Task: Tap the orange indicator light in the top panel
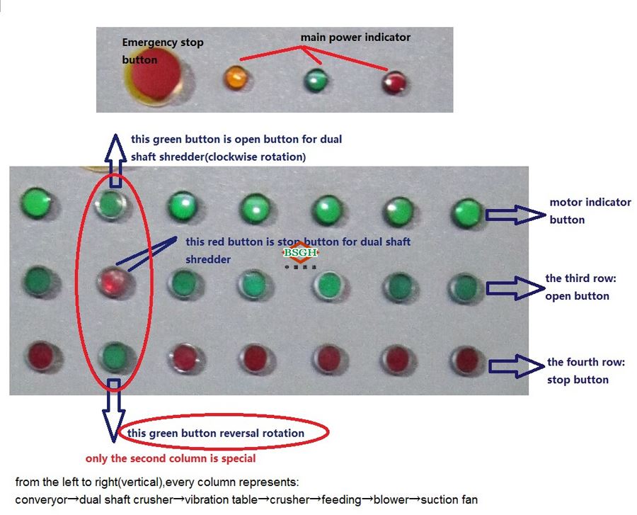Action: [235, 77]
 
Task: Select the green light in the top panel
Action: [315, 79]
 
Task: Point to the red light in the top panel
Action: [394, 83]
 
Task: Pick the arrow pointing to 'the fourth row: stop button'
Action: [516, 366]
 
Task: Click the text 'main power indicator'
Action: [355, 37]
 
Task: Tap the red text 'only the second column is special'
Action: [171, 458]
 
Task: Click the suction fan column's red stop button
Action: [466, 358]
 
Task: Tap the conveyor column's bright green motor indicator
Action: [36, 203]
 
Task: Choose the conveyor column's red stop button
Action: [38, 356]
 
